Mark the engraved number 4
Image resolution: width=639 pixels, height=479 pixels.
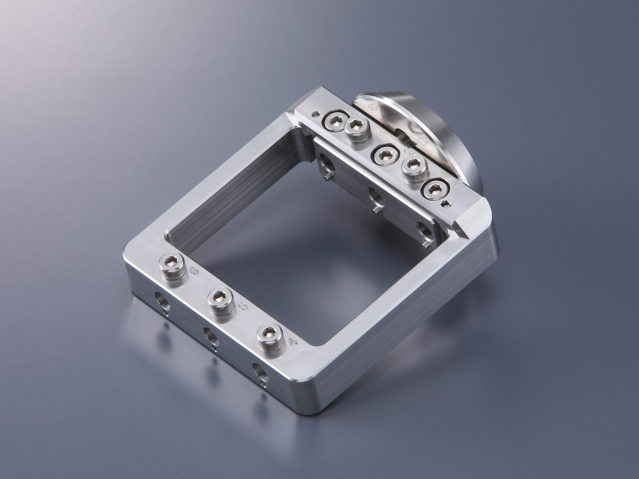click(294, 343)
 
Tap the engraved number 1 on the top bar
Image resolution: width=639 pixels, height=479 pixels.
click(459, 187)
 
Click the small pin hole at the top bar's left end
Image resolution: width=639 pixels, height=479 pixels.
click(318, 114)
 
